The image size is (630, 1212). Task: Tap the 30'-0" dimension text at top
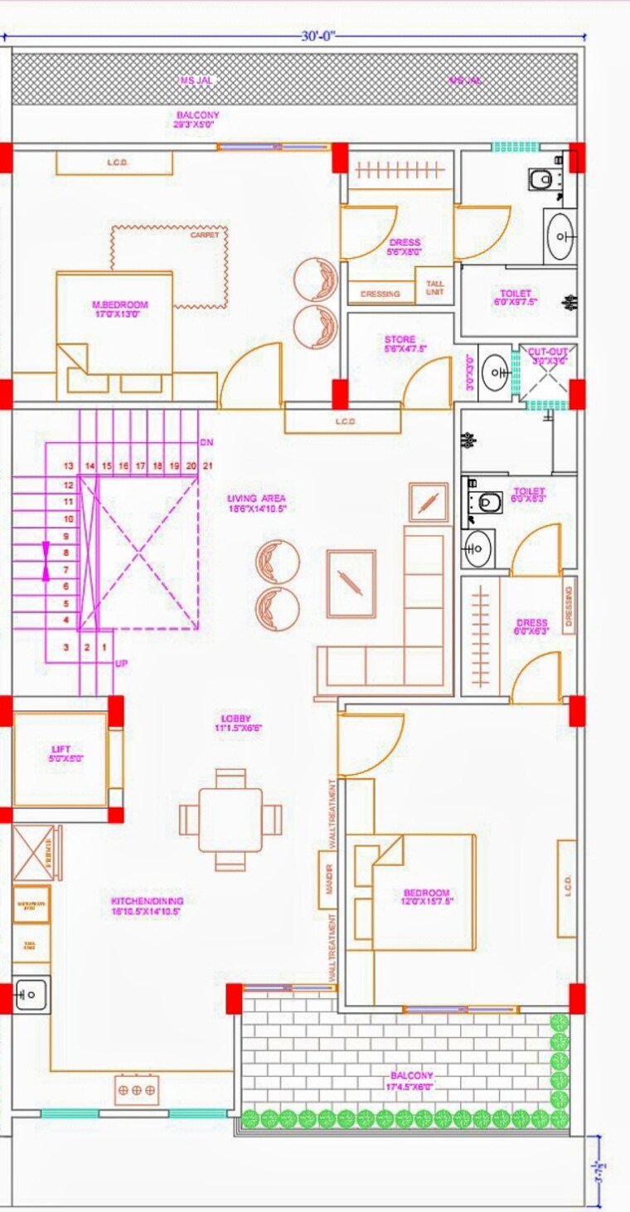pyautogui.click(x=317, y=37)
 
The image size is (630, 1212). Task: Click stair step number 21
pyautogui.click(x=207, y=466)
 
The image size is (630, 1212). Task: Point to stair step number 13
pyautogui.click(x=69, y=466)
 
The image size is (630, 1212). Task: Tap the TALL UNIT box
pyautogui.click(x=435, y=288)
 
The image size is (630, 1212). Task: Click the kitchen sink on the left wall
pyautogui.click(x=31, y=993)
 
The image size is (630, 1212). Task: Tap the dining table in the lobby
pyautogui.click(x=230, y=820)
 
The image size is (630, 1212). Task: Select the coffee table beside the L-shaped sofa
pyautogui.click(x=351, y=583)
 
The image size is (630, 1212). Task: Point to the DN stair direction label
pyautogui.click(x=206, y=442)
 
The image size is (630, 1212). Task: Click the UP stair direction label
pyautogui.click(x=122, y=664)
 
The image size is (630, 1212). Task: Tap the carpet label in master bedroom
pyautogui.click(x=205, y=235)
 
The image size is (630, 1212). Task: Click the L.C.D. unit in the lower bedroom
pyautogui.click(x=567, y=888)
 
